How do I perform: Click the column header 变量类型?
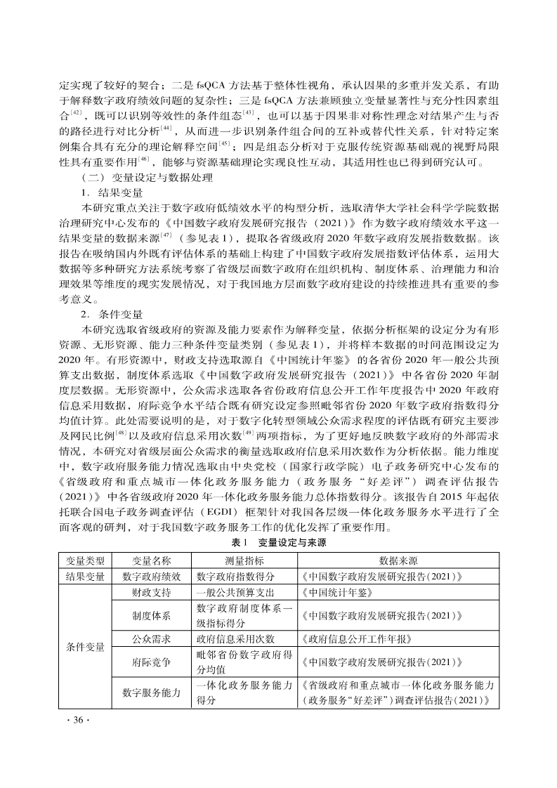[x=85, y=560]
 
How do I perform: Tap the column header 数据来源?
[x=398, y=560]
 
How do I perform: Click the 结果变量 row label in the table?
[x=85, y=577]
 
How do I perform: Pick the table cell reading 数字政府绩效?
[x=152, y=577]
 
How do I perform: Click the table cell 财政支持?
[x=152, y=593]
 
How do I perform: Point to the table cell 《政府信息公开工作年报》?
[x=355, y=639]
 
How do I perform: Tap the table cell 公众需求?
[x=152, y=639]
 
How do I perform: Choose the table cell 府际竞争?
[x=152, y=662]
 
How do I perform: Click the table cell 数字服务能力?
[x=152, y=693]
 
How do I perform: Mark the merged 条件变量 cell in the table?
[x=85, y=647]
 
